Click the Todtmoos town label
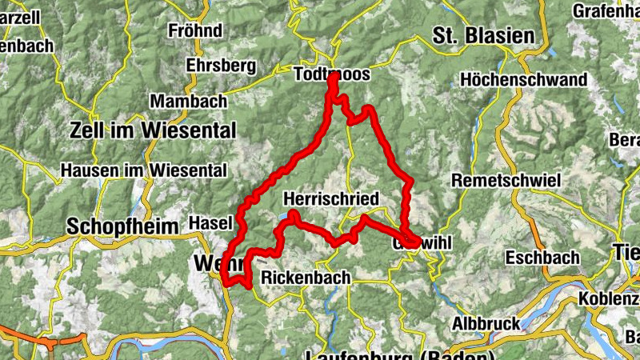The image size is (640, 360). pyautogui.click(x=332, y=74)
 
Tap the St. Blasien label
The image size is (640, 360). pyautogui.click(x=482, y=35)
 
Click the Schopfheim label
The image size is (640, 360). pyautogui.click(x=122, y=226)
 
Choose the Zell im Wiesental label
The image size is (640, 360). pyautogui.click(x=154, y=130)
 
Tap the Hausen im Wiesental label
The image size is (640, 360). pyautogui.click(x=144, y=170)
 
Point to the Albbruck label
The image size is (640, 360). pyautogui.click(x=486, y=324)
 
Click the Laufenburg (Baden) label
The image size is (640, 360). pyautogui.click(x=400, y=354)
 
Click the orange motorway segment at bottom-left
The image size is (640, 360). pyautogui.click(x=32, y=337)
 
